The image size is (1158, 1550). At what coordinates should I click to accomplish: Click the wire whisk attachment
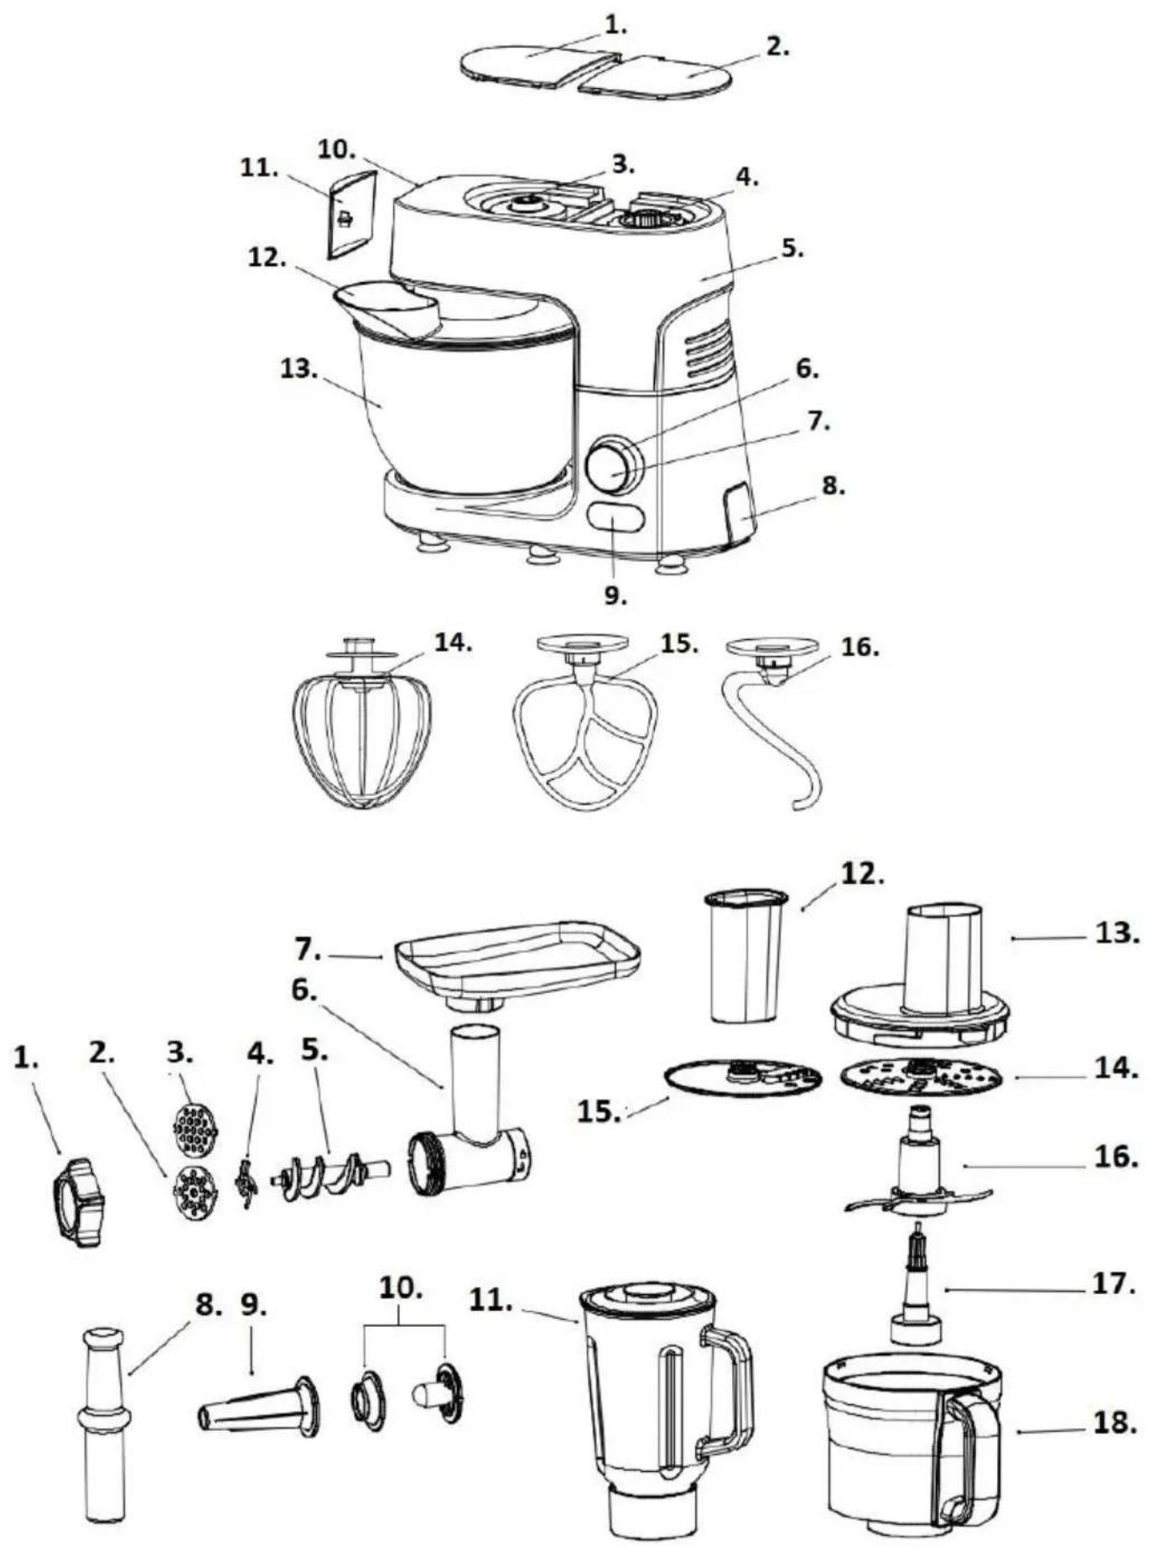[362, 738]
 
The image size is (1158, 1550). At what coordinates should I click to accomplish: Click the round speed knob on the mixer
[615, 465]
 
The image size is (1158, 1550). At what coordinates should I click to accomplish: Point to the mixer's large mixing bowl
[465, 411]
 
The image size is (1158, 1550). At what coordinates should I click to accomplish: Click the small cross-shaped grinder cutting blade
[245, 1183]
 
